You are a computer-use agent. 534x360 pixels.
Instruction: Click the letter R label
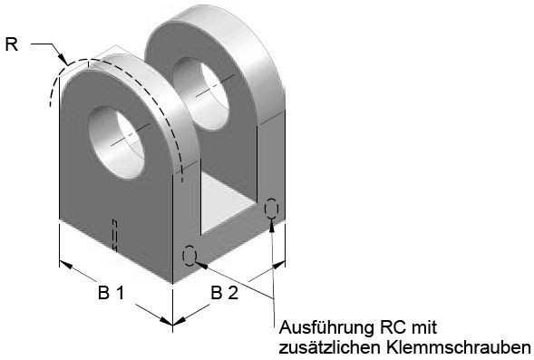[x=12, y=44]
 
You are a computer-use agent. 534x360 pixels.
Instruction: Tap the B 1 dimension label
[x=112, y=292]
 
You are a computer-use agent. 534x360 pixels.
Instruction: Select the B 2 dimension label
[x=225, y=293]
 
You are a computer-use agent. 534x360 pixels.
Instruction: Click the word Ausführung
[x=325, y=327]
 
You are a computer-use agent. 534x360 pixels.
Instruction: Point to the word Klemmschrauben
[x=459, y=347]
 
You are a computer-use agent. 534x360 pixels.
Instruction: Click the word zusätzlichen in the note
[x=330, y=347]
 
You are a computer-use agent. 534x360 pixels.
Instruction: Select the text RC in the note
[x=393, y=327]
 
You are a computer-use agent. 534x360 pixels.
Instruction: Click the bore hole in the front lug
[x=116, y=142]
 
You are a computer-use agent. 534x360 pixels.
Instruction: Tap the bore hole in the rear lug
[x=200, y=93]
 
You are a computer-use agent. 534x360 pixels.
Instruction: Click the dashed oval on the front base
[x=189, y=256]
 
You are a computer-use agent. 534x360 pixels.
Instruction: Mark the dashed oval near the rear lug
[x=271, y=208]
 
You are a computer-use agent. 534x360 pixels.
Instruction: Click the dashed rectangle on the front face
[x=115, y=236]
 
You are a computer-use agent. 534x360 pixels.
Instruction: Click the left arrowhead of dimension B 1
[x=65, y=264]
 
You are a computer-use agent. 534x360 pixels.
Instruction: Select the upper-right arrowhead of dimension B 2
[x=278, y=265]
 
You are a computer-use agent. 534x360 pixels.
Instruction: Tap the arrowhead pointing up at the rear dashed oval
[x=272, y=226]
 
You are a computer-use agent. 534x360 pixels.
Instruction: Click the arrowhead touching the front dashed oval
[x=201, y=264]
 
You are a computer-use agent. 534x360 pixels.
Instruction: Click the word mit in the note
[x=424, y=327]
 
